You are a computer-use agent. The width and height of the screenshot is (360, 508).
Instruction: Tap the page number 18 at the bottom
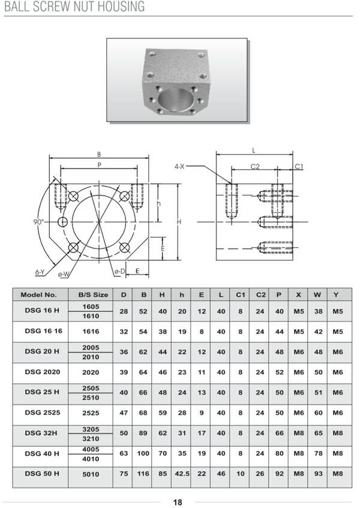[x=178, y=502]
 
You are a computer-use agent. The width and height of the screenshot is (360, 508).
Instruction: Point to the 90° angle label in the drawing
[x=39, y=222]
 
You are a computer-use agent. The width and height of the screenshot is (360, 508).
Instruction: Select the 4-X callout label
[x=180, y=166]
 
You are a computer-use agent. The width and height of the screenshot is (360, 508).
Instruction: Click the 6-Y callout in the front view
[x=40, y=272]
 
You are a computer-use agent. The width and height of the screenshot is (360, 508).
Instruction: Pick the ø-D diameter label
[x=120, y=272]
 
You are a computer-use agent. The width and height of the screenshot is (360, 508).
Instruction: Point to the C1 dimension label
[x=299, y=166]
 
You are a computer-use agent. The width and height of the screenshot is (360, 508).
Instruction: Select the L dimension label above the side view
[x=254, y=151]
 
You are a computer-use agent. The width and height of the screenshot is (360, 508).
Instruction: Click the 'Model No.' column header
[x=38, y=294]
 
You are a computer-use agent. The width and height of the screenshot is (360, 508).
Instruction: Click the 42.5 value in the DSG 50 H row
[x=182, y=474]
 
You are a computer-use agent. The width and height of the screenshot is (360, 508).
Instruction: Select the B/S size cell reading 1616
[x=91, y=330]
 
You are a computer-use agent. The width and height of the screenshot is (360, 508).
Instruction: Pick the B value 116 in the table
[x=143, y=474]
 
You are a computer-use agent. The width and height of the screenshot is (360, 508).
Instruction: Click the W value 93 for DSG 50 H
[x=319, y=474]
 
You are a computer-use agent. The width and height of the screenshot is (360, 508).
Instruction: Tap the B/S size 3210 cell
[x=91, y=438]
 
